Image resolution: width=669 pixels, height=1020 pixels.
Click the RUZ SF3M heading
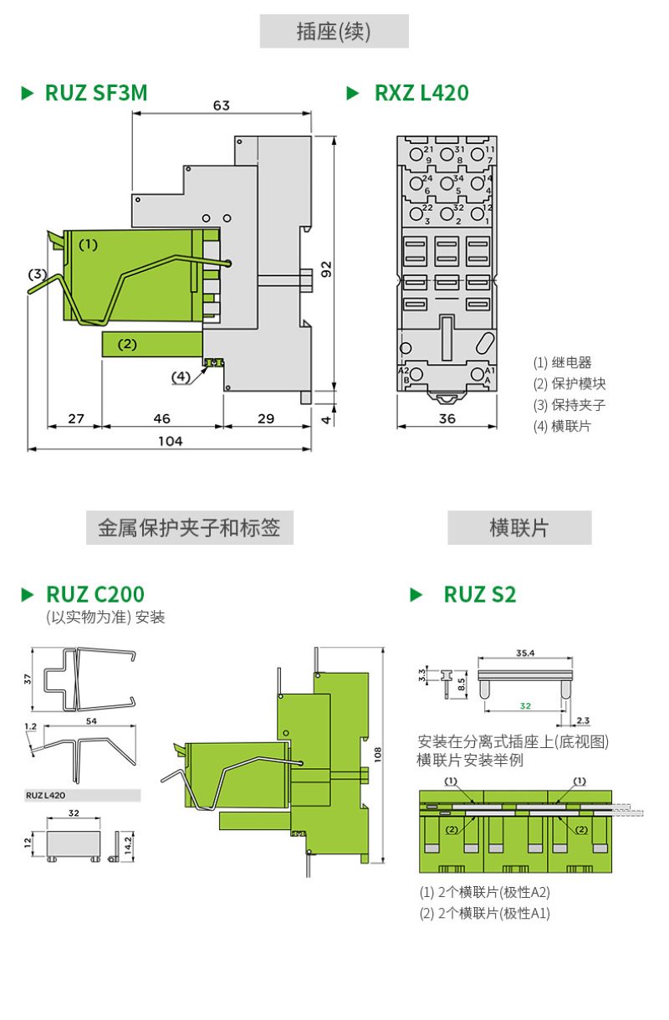95,93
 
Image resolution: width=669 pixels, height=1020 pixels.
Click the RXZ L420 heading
421,93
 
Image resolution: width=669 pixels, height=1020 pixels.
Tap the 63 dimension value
221,106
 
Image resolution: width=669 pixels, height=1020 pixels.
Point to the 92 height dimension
328,269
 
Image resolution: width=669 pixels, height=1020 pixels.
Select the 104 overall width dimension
171,441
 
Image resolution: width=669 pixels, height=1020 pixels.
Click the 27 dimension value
76,418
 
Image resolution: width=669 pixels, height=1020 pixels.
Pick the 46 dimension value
162,418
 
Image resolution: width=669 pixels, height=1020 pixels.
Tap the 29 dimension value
266,418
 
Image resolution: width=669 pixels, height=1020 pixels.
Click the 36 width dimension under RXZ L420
447,418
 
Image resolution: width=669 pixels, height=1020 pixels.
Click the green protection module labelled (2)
151,344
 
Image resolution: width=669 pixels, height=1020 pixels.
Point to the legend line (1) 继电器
562,362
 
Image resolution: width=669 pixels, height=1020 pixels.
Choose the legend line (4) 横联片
562,426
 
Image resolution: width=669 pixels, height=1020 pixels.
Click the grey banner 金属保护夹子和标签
189,528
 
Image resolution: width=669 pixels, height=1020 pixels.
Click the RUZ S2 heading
479,595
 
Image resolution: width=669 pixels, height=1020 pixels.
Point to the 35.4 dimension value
525,652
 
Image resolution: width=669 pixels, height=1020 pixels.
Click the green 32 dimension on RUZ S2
525,705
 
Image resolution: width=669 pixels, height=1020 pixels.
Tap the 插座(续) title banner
334,32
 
